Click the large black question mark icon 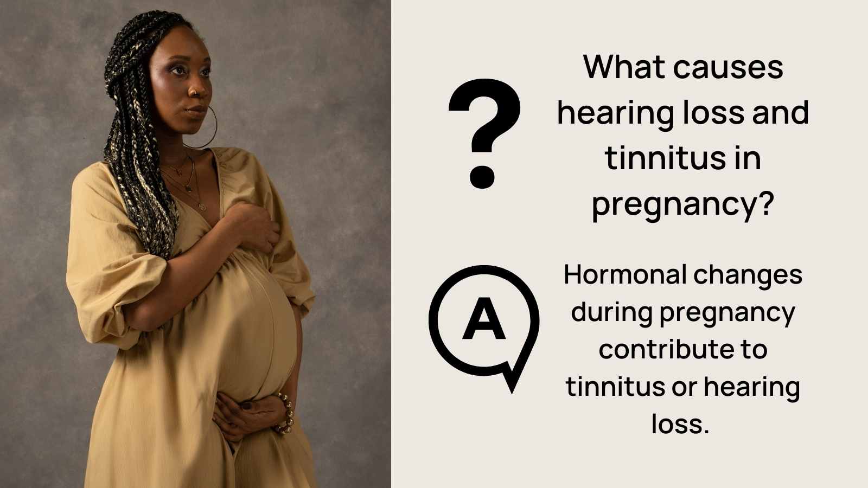click(484, 133)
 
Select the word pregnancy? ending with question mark click(682, 205)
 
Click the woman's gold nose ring click(191, 93)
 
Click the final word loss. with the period click(680, 424)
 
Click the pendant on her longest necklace click(201, 207)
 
